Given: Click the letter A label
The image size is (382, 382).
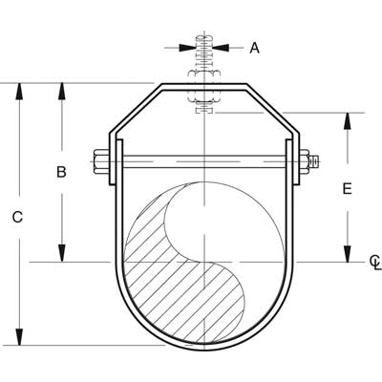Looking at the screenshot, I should click(254, 47).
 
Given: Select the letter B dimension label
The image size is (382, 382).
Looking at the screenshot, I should click(61, 173).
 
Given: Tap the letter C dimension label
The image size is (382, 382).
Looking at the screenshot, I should click(17, 217).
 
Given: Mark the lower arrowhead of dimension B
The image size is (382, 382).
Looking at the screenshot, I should click(63, 252).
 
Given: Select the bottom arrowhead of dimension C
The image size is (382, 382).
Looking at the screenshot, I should click(18, 336).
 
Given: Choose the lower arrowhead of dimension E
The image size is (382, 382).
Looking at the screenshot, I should click(348, 252).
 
